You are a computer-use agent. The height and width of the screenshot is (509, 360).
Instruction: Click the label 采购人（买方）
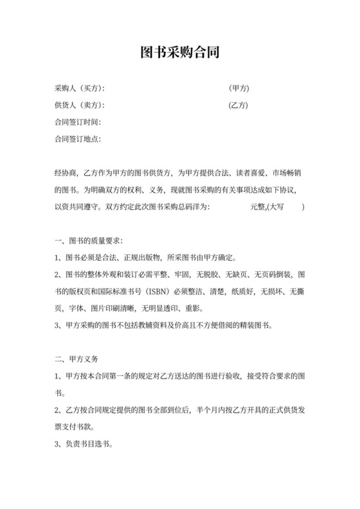coord(79,88)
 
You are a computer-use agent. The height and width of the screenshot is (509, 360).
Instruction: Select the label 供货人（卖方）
coord(79,105)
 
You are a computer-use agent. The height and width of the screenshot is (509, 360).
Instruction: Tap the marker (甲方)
coord(239,88)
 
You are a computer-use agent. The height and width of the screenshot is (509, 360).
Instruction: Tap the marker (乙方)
coord(239,105)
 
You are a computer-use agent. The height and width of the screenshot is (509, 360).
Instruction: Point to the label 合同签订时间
coord(78,122)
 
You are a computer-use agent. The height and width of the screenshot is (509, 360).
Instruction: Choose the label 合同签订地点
coord(78,139)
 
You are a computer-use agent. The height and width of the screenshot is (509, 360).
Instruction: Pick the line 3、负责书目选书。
coord(85,443)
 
